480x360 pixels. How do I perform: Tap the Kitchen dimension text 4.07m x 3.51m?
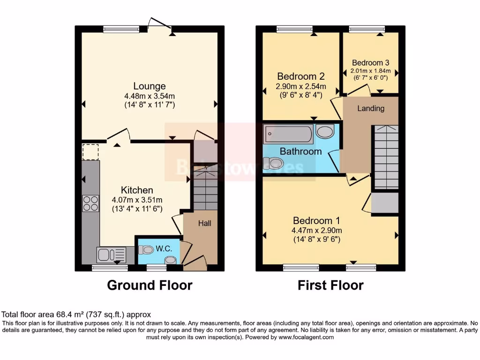point(137,200)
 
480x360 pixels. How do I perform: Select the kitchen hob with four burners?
point(90,203)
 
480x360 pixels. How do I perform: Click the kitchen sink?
point(111,255)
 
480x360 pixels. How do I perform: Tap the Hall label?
point(204,223)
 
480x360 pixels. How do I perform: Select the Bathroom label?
point(300,151)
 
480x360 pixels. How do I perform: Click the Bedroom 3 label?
point(370,62)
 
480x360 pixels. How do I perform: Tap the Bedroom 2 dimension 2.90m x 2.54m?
point(301,87)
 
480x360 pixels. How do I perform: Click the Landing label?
point(371,108)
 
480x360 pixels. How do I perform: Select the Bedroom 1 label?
point(316,220)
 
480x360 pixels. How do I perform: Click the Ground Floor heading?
point(150,285)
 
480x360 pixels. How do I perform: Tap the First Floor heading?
point(330,285)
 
